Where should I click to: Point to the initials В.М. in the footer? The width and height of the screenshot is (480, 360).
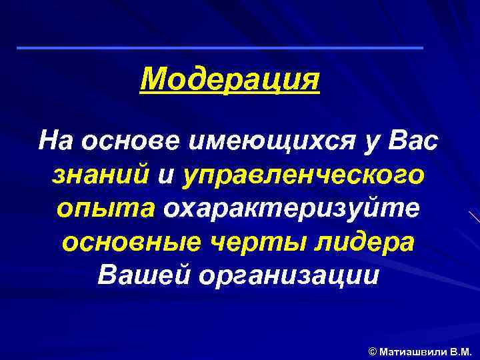pyautogui.click(x=460, y=350)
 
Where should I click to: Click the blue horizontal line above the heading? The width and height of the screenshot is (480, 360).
pyautogui.click(x=219, y=48)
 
